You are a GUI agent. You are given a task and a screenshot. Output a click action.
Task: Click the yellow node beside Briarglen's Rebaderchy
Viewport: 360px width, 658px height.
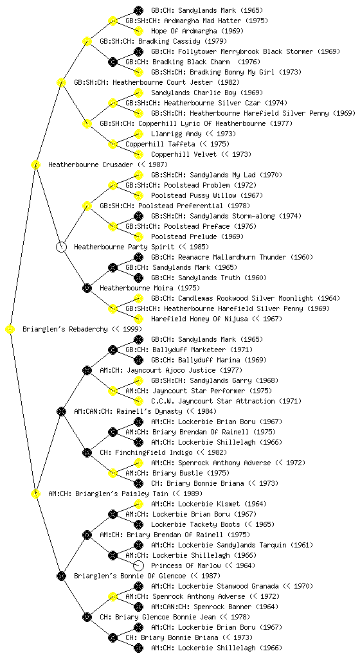click(x=10, y=330)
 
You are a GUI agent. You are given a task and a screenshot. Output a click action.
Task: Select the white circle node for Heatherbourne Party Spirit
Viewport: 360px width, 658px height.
click(x=61, y=247)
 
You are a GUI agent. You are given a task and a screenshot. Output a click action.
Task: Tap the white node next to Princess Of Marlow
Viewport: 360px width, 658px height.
click(x=138, y=565)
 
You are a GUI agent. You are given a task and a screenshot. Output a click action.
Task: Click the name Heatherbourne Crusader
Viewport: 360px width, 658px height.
click(x=91, y=165)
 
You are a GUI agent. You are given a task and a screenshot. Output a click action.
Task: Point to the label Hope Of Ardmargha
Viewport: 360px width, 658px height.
click(x=184, y=31)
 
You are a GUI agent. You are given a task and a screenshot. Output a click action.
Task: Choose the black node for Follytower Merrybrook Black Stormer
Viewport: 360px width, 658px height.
click(x=138, y=51)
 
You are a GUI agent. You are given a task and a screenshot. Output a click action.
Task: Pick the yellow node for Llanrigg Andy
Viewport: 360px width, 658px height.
click(x=138, y=134)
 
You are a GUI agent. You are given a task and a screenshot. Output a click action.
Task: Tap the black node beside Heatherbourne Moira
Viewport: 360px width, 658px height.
click(x=87, y=289)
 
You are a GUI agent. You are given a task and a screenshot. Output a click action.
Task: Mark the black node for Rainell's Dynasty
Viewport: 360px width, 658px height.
click(x=61, y=412)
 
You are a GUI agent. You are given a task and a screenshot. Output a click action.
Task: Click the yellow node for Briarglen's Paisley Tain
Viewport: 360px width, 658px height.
click(x=35, y=494)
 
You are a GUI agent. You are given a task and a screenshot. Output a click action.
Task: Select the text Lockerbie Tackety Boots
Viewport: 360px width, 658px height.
click(x=195, y=524)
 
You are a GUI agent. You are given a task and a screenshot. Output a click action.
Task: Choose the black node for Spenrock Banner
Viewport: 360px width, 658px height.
click(x=138, y=607)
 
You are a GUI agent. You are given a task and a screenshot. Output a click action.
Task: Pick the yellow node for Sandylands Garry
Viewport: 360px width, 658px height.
click(x=138, y=380)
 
